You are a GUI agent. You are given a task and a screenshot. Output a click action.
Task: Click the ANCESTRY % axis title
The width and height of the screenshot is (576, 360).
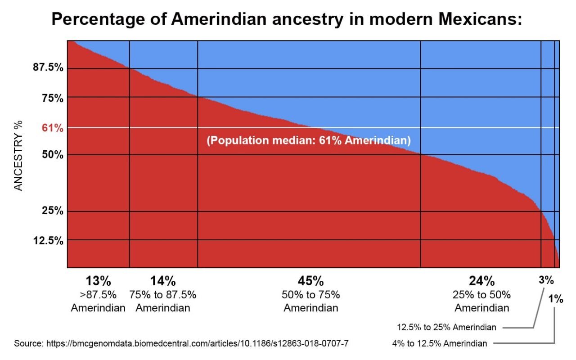click(18, 156)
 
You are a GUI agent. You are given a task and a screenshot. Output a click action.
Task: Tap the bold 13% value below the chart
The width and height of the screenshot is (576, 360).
click(98, 282)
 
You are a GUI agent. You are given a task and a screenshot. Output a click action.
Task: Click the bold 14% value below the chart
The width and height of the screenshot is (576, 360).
click(162, 282)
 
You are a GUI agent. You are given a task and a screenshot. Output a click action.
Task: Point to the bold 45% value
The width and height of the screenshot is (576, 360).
click(310, 282)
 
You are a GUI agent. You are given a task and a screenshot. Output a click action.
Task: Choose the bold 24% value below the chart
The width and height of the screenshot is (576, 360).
click(481, 282)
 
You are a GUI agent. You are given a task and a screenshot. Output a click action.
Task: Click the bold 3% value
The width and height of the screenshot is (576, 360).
click(546, 280)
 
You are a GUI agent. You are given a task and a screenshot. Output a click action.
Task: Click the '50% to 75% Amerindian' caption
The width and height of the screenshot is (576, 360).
click(310, 302)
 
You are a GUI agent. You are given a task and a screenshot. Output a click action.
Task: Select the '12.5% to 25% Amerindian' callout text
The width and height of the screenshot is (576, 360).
click(446, 327)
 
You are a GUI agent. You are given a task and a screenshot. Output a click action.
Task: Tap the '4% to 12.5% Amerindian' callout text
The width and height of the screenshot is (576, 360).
click(440, 344)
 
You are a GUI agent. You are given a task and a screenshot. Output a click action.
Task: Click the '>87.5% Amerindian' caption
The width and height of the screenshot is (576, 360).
click(98, 302)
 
